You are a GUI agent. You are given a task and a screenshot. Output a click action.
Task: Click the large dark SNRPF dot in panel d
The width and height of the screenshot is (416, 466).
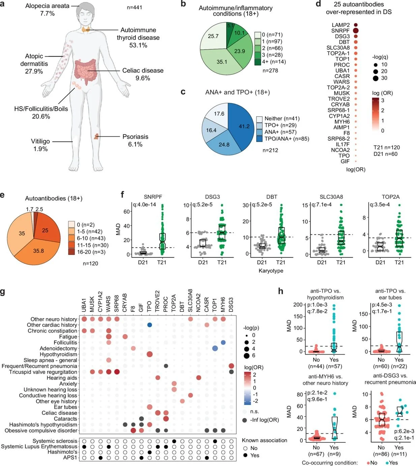click(356, 31)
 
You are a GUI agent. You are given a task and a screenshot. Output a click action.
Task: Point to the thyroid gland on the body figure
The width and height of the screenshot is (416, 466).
click(85, 30)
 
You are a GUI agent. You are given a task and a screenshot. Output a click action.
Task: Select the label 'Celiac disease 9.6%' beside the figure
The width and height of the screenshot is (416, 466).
click(143, 74)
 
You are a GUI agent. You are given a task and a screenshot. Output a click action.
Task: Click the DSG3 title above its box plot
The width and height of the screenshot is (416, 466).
click(212, 197)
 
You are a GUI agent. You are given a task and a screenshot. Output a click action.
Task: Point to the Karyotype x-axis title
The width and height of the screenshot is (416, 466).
click(271, 271)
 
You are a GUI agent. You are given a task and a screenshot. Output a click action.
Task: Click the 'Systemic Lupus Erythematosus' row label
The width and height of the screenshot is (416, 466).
click(39, 446)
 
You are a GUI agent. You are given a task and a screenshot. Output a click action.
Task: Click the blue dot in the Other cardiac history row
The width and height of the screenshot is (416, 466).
click(149, 325)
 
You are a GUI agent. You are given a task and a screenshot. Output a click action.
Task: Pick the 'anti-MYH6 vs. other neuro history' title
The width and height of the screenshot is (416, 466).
click(325, 380)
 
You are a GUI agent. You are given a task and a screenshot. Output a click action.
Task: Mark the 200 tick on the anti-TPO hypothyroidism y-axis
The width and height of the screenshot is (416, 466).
click(298, 305)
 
